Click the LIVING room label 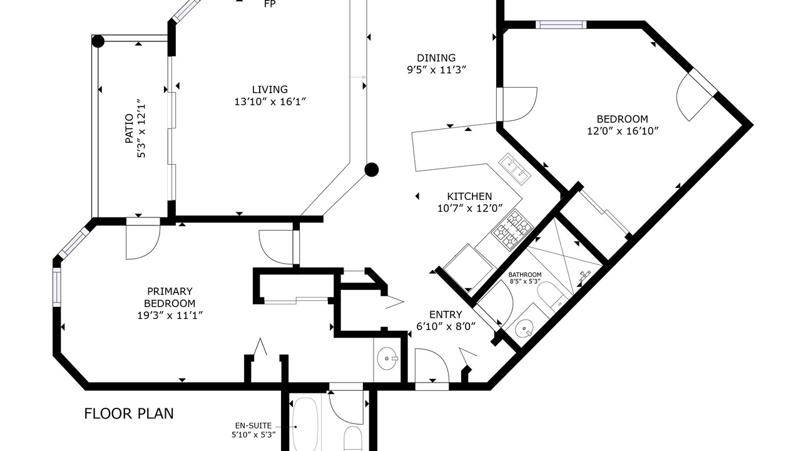(270, 89)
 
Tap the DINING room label (436, 58)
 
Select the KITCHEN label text (469, 196)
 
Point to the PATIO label (129, 128)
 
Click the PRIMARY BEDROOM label (170, 297)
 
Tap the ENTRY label (446, 314)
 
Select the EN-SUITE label (253, 426)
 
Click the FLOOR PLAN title (129, 414)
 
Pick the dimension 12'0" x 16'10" (623, 131)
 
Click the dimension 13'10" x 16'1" (270, 102)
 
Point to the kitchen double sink (515, 169)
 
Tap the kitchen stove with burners (513, 230)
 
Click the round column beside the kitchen (372, 170)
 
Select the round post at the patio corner (98, 41)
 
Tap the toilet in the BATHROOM (551, 296)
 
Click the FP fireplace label (270, 4)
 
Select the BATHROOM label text (525, 274)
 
